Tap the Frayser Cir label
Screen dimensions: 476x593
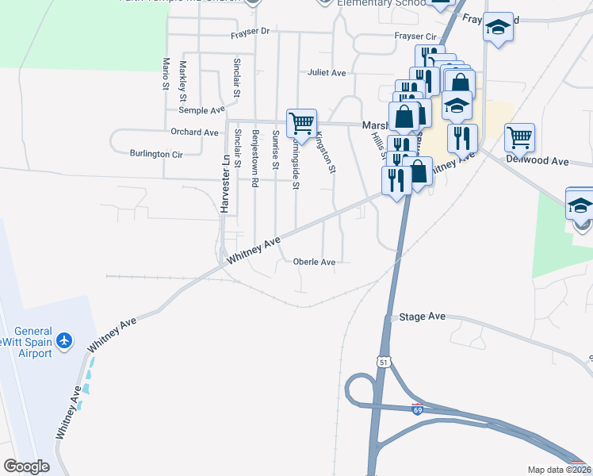click(x=415, y=36)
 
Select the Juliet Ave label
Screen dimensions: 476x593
click(x=327, y=73)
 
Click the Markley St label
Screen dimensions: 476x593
click(x=183, y=80)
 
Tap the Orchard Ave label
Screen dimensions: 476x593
click(x=194, y=132)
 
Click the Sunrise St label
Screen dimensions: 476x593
click(x=276, y=150)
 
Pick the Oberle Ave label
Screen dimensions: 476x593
click(x=314, y=262)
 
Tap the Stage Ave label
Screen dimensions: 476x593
click(x=423, y=316)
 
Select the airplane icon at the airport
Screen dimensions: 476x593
click(x=64, y=342)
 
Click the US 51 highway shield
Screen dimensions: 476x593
click(x=384, y=362)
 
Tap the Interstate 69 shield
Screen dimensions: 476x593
click(x=417, y=409)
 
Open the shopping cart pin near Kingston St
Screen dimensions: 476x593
click(x=301, y=123)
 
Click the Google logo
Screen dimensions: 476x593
click(x=26, y=466)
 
